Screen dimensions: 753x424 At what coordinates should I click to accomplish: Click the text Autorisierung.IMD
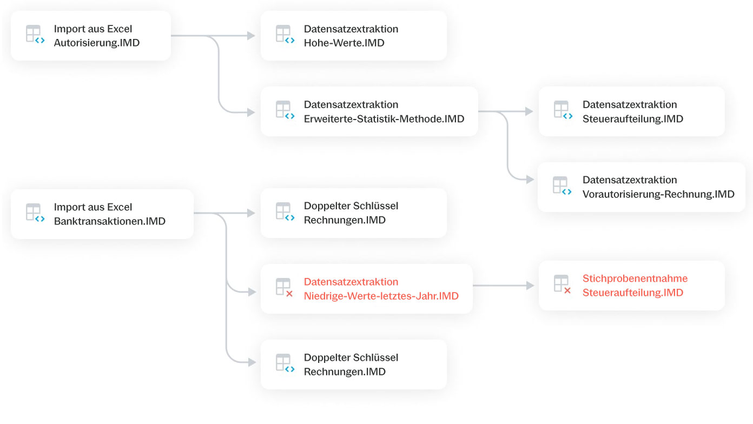coord(96,43)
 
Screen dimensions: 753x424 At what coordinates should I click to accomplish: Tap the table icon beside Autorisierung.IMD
coord(35,34)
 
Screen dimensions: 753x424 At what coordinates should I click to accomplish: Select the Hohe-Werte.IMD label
coord(344,43)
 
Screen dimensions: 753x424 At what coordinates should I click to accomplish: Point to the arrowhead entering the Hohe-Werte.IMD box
coord(251,36)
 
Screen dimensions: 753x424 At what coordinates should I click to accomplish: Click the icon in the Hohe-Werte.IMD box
coord(285,34)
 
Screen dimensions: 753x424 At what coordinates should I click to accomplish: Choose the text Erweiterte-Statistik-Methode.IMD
coord(384,119)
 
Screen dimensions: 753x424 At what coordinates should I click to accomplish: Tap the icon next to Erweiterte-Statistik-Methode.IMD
coord(285,110)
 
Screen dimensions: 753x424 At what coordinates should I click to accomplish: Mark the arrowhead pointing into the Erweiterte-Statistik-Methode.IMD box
coord(251,112)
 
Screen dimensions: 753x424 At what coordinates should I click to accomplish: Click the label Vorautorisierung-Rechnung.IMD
coord(658,194)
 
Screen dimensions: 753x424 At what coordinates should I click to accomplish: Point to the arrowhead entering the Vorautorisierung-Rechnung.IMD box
coord(530,180)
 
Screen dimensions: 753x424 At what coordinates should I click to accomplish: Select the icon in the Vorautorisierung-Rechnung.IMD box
coord(562,186)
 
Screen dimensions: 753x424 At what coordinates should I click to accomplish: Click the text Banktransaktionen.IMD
coord(110,221)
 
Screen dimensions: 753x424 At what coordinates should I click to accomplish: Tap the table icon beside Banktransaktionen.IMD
coord(35,213)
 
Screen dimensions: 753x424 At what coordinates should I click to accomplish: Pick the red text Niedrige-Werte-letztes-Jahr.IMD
coord(381,296)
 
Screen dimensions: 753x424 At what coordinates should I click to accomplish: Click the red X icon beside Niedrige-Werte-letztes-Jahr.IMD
coord(289,294)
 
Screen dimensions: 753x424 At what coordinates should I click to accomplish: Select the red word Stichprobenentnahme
coord(635,279)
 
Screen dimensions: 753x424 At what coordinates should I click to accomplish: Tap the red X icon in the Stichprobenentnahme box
coord(567,290)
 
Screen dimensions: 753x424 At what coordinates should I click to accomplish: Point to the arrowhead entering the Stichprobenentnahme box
coord(530,286)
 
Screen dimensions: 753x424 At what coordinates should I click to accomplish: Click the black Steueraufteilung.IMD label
coord(633,119)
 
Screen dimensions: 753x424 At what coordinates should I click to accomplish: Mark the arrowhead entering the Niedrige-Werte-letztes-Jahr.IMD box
coord(252,292)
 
